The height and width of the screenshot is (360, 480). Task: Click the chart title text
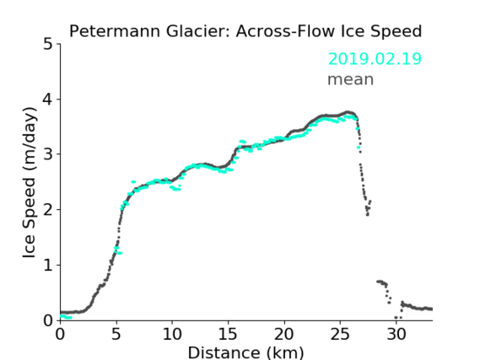245,31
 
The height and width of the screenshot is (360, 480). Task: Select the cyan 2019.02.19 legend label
375,59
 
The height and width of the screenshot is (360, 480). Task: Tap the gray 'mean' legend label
351,79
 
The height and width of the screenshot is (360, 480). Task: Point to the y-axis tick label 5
48,45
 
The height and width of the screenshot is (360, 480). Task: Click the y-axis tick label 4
48,99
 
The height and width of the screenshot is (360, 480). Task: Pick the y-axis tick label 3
48,154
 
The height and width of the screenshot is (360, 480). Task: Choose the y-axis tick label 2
48,210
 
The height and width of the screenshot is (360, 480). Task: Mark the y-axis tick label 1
48,266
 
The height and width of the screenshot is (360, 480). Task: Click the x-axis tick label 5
116,334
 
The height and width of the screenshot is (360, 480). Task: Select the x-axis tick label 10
172,334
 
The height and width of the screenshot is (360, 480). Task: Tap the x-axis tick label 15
228,334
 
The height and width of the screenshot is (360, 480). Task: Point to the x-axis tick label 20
284,334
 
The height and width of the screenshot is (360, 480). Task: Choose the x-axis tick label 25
340,334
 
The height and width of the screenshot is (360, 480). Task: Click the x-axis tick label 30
396,334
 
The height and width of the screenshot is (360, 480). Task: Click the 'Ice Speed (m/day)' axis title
30,183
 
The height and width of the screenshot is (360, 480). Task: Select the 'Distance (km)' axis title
245,352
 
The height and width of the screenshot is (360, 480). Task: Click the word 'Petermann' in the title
115,31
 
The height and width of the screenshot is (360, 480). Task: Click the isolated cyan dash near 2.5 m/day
133,181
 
